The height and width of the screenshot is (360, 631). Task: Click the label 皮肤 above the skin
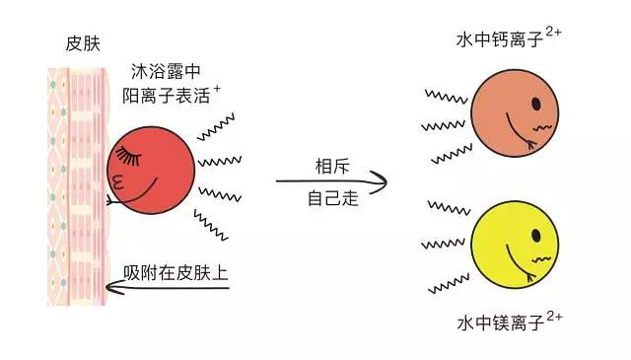[x=83, y=43]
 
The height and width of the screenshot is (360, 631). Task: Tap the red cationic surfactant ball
[x=151, y=170]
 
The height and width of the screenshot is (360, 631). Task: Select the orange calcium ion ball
[x=515, y=113]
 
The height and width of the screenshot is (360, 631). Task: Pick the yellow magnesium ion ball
[x=515, y=245]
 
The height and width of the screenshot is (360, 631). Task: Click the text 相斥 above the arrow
[x=332, y=167]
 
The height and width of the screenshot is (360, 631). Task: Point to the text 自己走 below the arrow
[x=333, y=198]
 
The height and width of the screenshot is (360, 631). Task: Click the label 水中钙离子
[x=500, y=39]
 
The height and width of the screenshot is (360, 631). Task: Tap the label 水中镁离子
[x=500, y=323]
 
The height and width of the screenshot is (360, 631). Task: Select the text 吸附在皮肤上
[x=175, y=273]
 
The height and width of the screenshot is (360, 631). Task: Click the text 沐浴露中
[x=166, y=71]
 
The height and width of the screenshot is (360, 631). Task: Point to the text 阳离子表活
[x=167, y=96]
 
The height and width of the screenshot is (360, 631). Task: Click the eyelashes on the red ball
[x=128, y=156]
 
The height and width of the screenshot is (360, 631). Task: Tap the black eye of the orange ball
[x=535, y=104]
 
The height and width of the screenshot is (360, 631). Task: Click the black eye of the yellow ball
[x=535, y=235]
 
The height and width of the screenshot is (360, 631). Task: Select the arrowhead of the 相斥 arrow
[x=379, y=182]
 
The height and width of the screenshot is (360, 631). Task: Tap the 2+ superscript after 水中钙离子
[x=553, y=32]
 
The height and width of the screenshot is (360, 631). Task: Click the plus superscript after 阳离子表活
[x=217, y=88]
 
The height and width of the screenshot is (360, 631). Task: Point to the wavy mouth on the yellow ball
[x=541, y=259]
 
